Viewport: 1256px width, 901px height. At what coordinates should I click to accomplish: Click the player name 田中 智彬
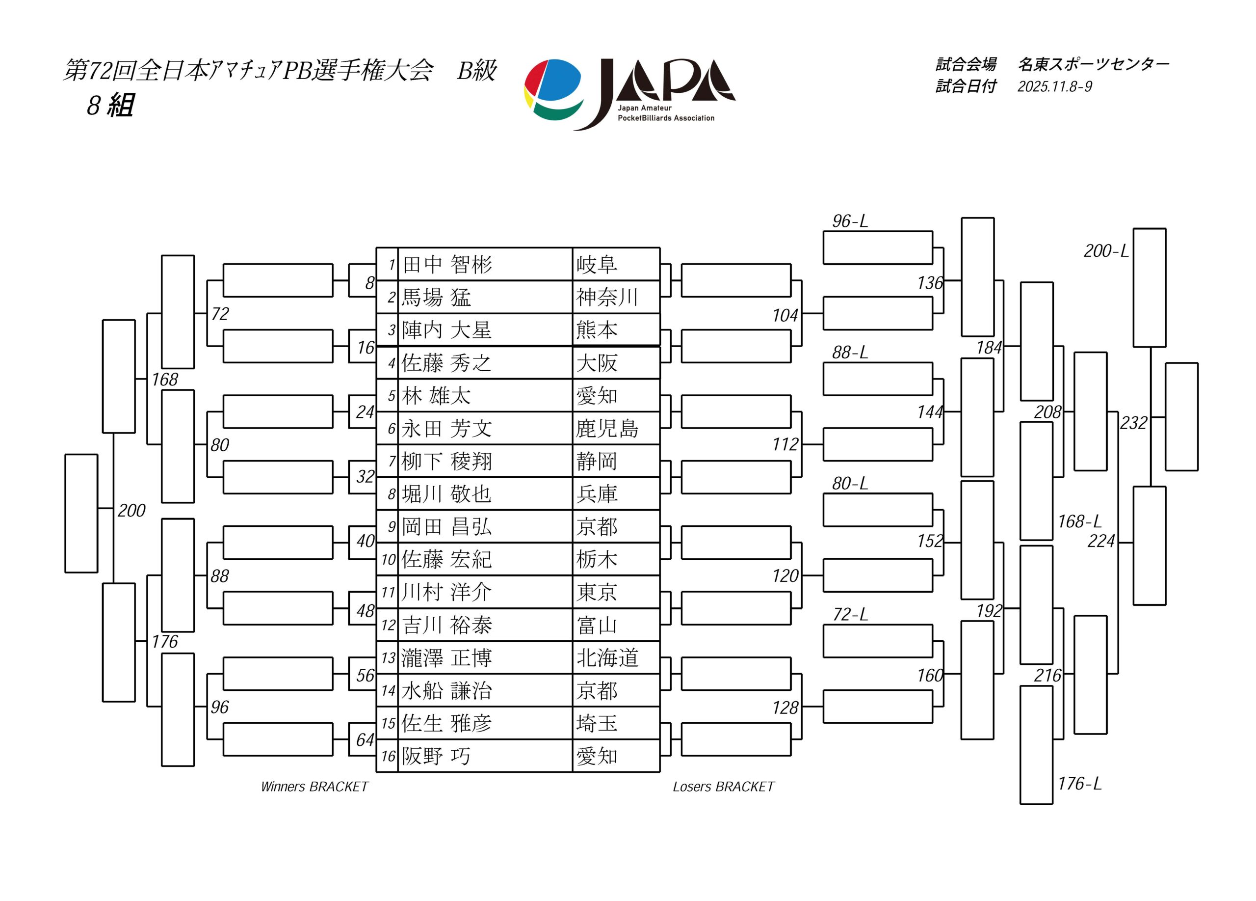tap(447, 264)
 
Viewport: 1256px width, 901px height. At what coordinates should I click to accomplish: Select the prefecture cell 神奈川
tap(607, 297)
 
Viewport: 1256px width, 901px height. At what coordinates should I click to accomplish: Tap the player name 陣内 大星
tap(447, 330)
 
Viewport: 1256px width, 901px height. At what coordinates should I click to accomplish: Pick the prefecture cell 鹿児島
tap(607, 428)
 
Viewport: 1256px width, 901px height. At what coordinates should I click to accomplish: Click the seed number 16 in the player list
tap(388, 756)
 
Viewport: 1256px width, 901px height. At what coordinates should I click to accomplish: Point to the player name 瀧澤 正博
tap(447, 658)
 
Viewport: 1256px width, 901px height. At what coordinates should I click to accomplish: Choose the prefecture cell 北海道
tap(607, 658)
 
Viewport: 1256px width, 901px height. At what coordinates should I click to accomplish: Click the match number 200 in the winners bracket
tap(131, 510)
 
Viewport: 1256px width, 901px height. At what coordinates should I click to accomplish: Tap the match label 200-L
tap(1106, 251)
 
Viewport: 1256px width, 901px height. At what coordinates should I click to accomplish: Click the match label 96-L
tap(850, 221)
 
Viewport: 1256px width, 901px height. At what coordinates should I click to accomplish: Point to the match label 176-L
tap(1079, 784)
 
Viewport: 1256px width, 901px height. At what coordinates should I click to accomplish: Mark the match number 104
tap(785, 315)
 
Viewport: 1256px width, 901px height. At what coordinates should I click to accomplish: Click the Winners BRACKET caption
tap(314, 787)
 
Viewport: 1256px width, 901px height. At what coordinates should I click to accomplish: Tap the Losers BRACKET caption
tap(724, 787)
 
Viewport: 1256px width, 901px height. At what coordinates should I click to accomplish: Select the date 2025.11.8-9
tap(1054, 86)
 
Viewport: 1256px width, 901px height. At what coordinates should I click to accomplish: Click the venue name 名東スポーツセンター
tap(1093, 65)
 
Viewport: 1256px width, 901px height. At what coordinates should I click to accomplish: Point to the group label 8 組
tap(110, 105)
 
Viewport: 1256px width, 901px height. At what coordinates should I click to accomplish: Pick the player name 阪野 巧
tap(436, 756)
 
